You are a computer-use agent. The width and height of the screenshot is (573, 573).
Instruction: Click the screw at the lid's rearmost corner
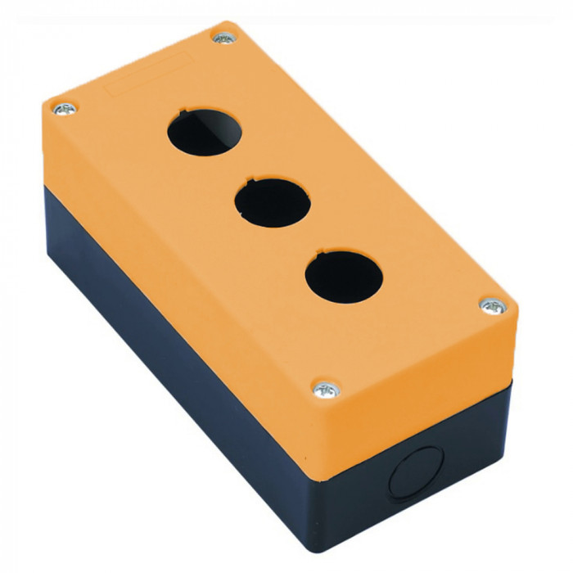(x=223, y=36)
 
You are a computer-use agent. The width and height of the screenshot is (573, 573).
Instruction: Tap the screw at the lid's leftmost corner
(x=63, y=108)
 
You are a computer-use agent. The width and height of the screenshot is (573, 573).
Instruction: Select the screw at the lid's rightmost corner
(x=494, y=306)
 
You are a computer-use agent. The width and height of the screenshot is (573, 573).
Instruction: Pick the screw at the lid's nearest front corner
(x=327, y=389)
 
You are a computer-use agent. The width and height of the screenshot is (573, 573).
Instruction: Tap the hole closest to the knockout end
(x=343, y=277)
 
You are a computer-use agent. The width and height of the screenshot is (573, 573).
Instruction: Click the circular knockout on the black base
(x=417, y=472)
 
